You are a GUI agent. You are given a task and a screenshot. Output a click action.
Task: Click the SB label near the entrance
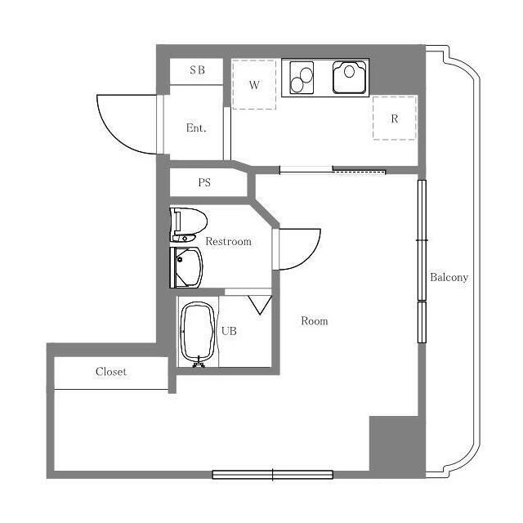(197, 70)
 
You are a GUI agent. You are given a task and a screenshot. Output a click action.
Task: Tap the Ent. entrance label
(196, 128)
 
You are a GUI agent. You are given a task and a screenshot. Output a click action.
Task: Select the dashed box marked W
(254, 83)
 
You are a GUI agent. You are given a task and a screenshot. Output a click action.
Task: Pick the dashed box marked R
(395, 118)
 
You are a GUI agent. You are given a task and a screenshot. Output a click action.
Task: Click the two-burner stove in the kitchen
(302, 78)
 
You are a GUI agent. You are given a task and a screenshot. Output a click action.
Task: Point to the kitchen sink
(350, 78)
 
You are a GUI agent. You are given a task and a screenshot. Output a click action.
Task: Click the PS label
(204, 183)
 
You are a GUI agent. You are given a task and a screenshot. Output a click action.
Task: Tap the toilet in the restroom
(187, 222)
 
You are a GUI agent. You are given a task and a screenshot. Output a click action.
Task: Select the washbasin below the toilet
(188, 267)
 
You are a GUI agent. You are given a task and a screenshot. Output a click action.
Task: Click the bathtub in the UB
(198, 333)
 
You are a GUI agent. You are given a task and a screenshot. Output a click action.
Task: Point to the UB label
(229, 332)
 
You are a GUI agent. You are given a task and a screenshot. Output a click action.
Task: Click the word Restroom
(228, 242)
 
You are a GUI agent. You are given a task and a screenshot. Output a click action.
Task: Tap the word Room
(314, 321)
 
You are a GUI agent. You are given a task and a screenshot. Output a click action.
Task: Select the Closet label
(111, 372)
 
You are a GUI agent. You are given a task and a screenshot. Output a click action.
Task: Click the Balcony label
(449, 278)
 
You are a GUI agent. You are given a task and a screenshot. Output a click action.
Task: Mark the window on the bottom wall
(272, 474)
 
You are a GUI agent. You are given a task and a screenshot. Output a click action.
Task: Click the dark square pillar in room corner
(393, 444)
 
